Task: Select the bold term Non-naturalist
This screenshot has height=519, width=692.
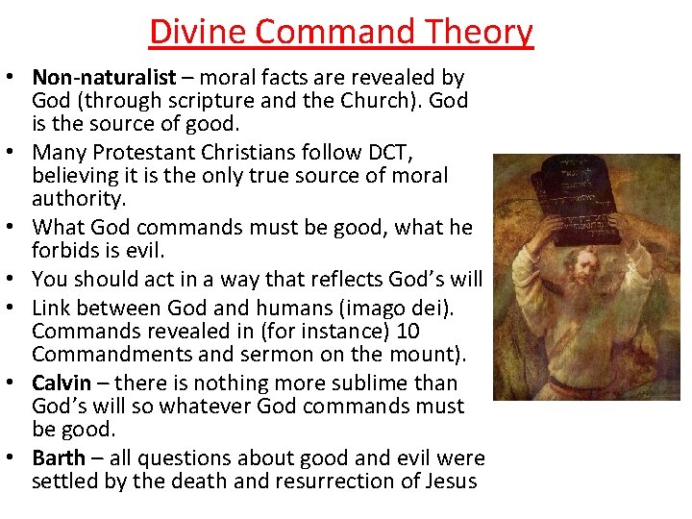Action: tap(104, 77)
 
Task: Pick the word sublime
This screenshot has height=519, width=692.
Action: tap(379, 383)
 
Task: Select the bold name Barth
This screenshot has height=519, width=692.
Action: tap(59, 457)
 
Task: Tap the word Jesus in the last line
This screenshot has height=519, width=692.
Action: tap(447, 482)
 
